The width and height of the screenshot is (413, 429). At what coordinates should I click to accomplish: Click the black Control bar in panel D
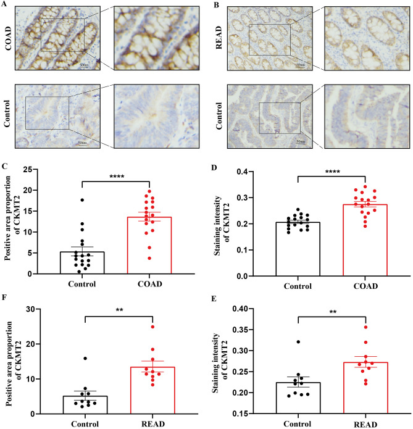pos(297,249)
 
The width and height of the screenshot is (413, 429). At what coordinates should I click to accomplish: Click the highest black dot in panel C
pos(81,200)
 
